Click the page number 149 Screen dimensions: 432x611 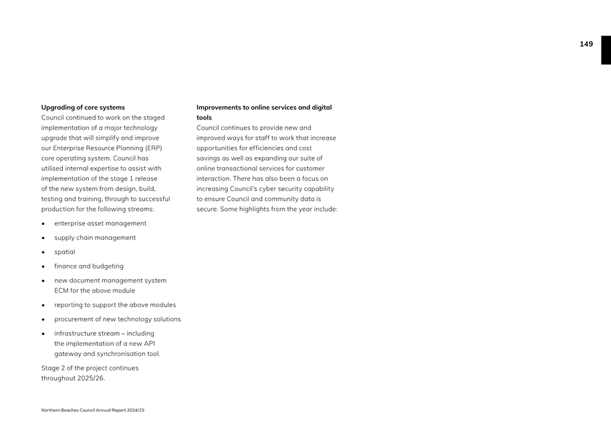tap(586, 44)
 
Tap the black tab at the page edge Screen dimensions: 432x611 tap(606, 50)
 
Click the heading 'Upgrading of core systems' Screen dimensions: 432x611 tap(83, 107)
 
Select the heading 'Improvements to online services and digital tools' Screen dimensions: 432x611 tap(264, 112)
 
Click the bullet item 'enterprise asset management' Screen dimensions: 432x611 tap(100, 224)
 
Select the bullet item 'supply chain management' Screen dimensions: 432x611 tap(95, 238)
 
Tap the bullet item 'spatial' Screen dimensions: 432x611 tap(65, 252)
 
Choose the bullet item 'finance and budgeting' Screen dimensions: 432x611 tap(89, 266)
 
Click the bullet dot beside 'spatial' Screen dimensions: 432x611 tap(43, 252)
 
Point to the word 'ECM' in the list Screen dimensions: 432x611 tap(62, 291)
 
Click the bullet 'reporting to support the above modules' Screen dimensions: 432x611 tap(115, 305)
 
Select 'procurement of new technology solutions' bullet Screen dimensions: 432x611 tap(118, 319)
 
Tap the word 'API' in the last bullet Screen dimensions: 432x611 tap(149, 344)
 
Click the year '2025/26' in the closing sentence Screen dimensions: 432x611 tap(91, 379)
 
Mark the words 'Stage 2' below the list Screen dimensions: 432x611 tap(54, 368)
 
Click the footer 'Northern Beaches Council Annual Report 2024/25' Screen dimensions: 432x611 tap(93, 410)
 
